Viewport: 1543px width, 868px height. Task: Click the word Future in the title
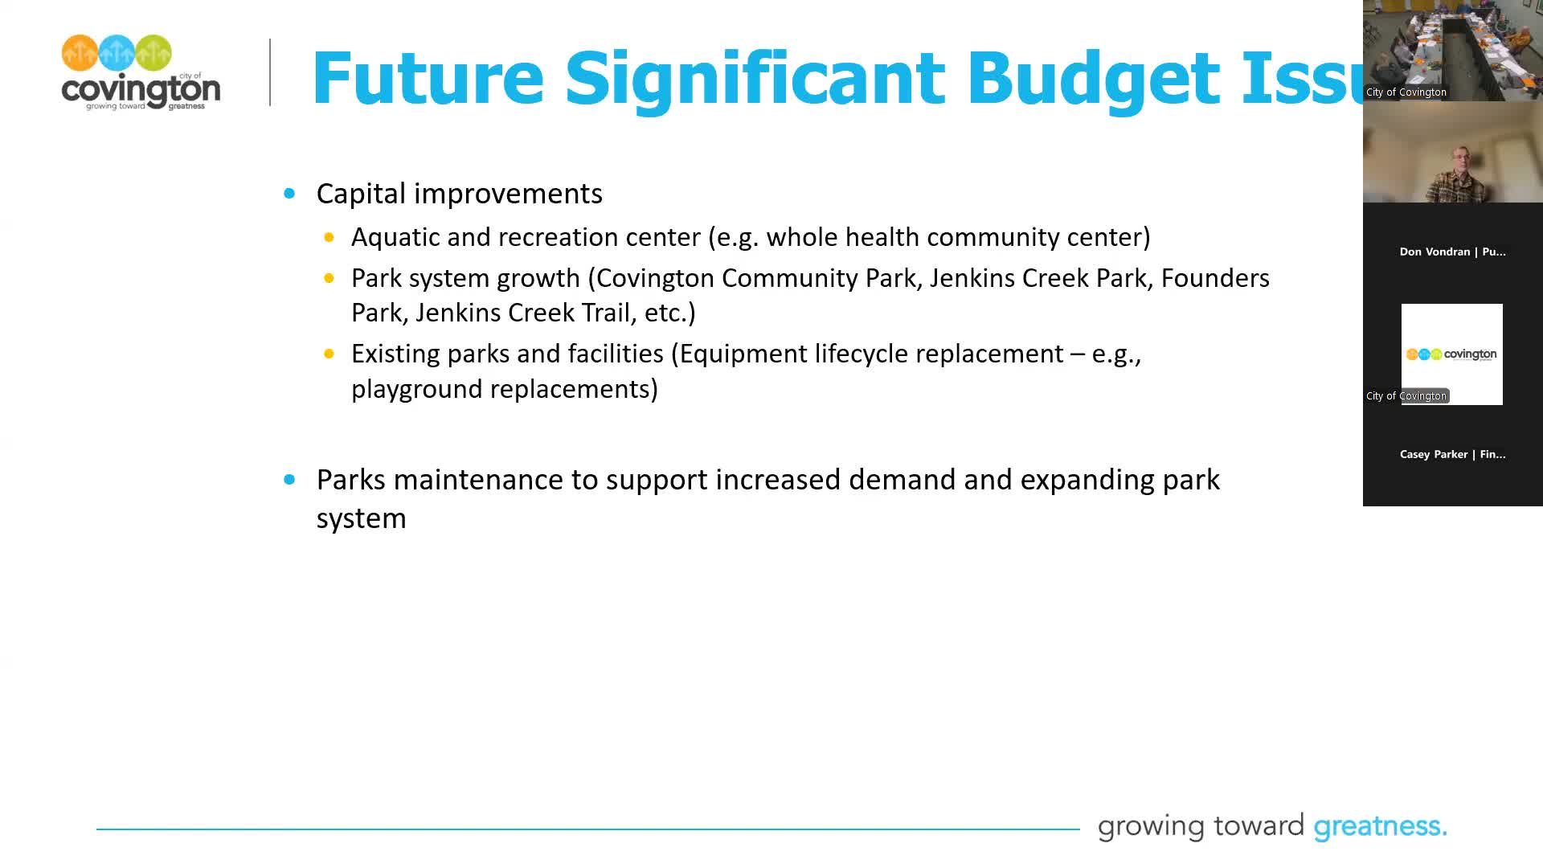pos(428,78)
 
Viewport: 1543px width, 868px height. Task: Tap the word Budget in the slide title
pos(1093,78)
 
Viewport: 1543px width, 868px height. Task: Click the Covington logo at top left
pos(141,72)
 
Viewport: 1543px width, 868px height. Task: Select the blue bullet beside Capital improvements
pos(289,194)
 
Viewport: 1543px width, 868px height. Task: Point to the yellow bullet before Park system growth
pos(329,278)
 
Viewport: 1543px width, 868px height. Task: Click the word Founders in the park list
pos(1214,278)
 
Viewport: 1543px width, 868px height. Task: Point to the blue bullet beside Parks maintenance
pos(289,480)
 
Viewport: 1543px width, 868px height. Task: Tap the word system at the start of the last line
pos(361,519)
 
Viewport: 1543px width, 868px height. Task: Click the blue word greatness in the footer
pos(1379,826)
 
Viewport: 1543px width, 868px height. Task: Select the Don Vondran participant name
pos(1452,252)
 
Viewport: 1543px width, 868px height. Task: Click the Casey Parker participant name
pos(1452,454)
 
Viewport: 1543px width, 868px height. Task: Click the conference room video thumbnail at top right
pos(1452,50)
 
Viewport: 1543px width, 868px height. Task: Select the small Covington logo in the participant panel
pos(1451,354)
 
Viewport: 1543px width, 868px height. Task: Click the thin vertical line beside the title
pos(270,72)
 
